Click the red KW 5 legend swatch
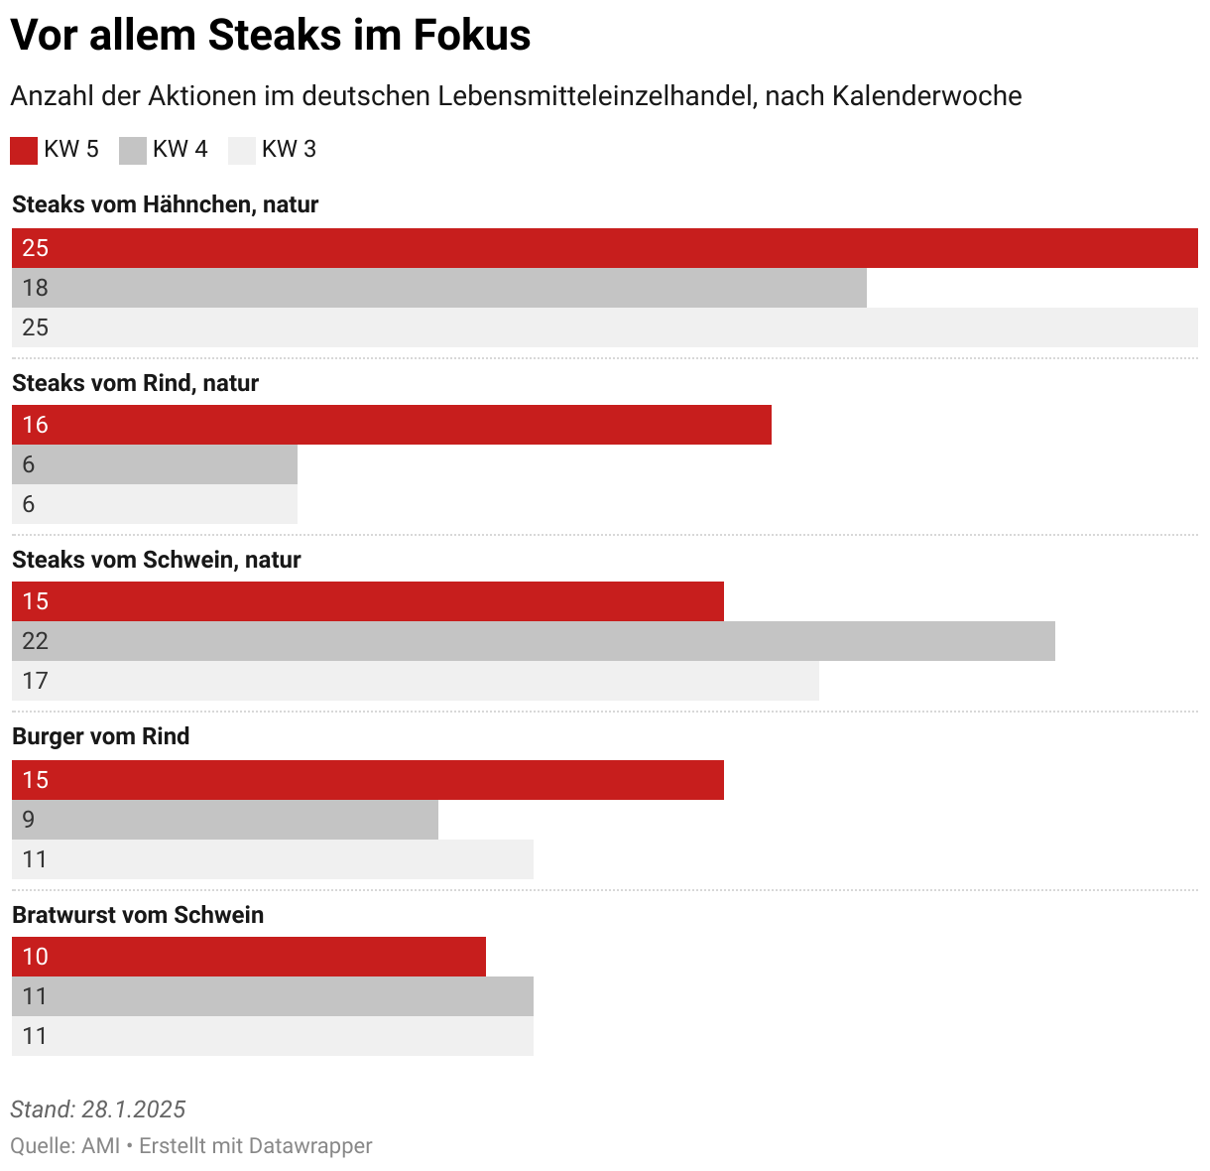[x=24, y=150]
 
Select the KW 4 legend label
[x=180, y=149]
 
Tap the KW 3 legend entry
[x=288, y=149]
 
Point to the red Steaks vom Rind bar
[x=391, y=425]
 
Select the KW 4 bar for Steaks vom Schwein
[x=533, y=641]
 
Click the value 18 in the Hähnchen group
[x=35, y=288]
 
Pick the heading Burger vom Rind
[x=100, y=736]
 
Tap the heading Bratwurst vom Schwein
[x=138, y=915]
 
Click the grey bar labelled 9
[x=224, y=820]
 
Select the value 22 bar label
[x=35, y=641]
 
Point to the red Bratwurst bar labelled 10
[x=248, y=957]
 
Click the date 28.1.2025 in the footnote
[x=133, y=1109]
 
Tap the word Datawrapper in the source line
[x=310, y=1145]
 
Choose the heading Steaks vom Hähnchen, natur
[x=165, y=204]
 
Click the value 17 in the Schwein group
[x=35, y=681]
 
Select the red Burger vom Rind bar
[x=367, y=780]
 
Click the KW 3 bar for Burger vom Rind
[x=272, y=859]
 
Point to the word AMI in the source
[x=100, y=1145]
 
